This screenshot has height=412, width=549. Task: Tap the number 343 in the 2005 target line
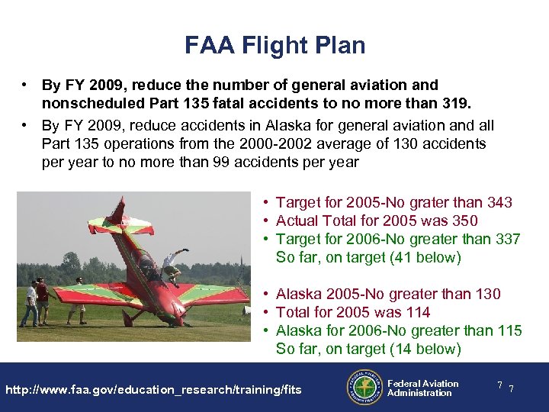coord(499,202)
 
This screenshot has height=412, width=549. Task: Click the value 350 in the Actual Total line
coord(464,221)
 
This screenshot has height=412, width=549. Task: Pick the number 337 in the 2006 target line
coord(506,240)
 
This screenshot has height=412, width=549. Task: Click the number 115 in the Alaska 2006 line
coord(508,331)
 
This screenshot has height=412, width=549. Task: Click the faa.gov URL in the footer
coord(153,390)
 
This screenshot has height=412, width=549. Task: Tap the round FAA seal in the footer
coord(364,387)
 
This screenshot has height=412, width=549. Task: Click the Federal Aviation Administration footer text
coord(422,388)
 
